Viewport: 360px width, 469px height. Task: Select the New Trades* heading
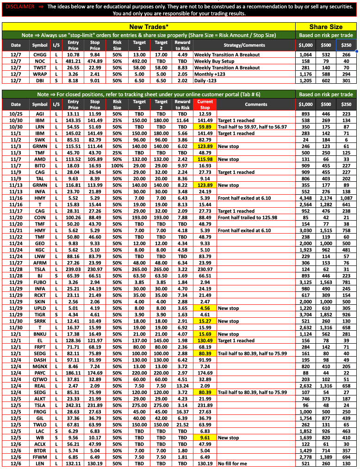click(x=149, y=27)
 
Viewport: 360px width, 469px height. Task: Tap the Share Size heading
click(x=326, y=27)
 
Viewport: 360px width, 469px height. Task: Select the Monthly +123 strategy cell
click(x=212, y=74)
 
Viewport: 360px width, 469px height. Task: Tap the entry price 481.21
click(x=73, y=61)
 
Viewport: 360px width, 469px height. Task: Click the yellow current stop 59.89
click(x=205, y=127)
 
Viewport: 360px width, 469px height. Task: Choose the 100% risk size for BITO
click(x=117, y=166)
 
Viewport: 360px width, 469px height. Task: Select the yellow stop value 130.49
click(x=205, y=340)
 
